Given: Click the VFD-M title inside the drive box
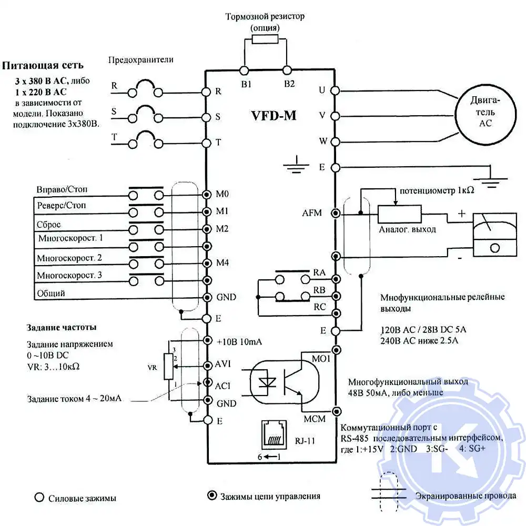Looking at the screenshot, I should coord(274,115).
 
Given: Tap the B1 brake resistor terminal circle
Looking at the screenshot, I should coord(245,70).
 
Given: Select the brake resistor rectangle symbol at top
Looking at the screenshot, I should coord(265,39).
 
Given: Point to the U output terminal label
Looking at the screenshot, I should coord(322,89).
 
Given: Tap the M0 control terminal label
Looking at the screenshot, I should coord(222,194).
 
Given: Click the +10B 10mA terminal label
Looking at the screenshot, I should coord(239,341).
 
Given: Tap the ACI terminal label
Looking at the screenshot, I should coord(224,386).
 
